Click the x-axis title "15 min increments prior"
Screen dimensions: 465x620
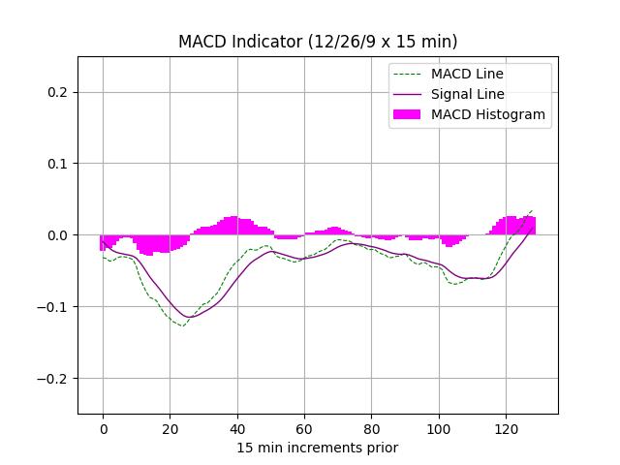(318, 448)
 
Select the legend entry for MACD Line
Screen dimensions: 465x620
(467, 74)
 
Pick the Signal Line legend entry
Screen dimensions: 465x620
(467, 94)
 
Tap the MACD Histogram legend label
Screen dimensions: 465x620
(488, 114)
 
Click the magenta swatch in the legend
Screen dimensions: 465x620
(408, 114)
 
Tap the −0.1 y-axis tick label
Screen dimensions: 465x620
(55, 307)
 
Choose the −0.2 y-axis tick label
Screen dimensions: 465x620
(55, 379)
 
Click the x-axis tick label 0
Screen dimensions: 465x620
(103, 427)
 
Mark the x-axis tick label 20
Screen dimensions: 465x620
(170, 427)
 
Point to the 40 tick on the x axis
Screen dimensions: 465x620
(236, 427)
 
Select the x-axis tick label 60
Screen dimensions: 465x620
(304, 427)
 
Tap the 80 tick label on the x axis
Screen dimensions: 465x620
(371, 427)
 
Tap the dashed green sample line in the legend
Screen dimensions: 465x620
(408, 74)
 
